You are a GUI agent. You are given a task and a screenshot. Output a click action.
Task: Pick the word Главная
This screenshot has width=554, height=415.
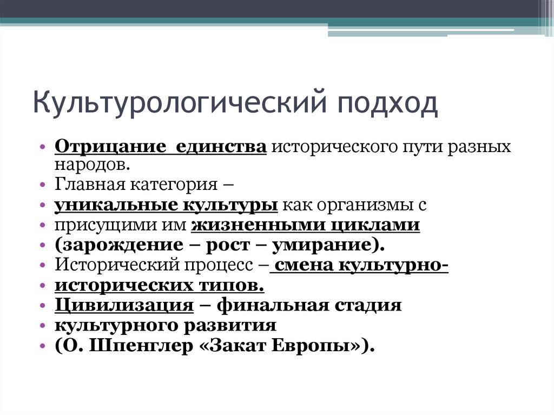(x=89, y=184)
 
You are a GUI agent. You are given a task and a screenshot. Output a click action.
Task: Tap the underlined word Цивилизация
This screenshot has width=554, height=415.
(x=124, y=306)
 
